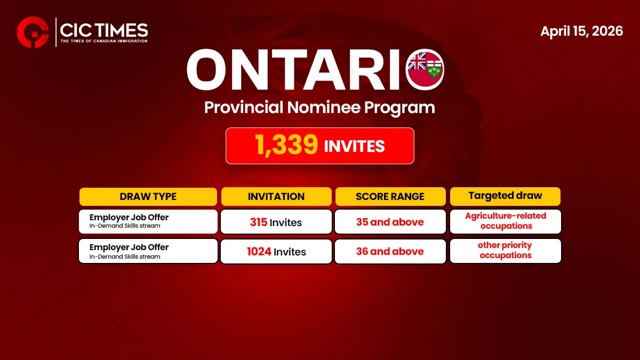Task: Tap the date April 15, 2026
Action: [x=581, y=31]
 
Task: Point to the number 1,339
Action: [x=287, y=146]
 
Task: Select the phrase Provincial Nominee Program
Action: [x=319, y=107]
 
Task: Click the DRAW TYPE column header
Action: [x=148, y=196]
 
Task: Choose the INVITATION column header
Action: [x=276, y=196]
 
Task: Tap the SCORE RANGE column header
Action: [x=390, y=196]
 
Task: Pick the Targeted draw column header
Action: [x=505, y=196]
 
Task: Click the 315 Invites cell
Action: [x=276, y=222]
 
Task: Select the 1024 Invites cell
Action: [x=276, y=251]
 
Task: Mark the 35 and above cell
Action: [x=390, y=222]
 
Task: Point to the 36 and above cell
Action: [x=390, y=251]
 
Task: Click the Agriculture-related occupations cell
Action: [x=506, y=221]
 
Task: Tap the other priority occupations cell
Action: [x=506, y=251]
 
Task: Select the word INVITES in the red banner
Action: [x=355, y=146]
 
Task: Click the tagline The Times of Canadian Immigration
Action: [x=104, y=41]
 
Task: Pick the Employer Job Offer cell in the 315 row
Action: [x=148, y=221]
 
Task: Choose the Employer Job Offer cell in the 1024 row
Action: [x=148, y=251]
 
